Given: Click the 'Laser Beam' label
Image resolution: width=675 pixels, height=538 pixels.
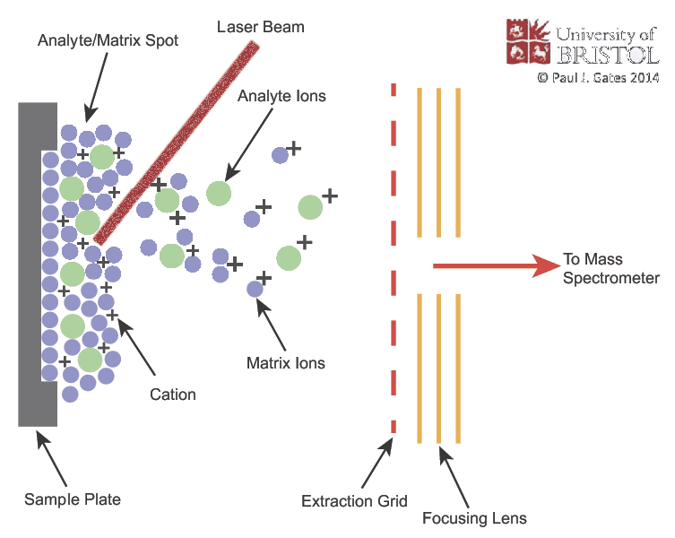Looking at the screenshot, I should pyautogui.click(x=261, y=27).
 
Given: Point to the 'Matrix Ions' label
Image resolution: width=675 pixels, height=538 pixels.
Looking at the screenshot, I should pyautogui.click(x=285, y=363).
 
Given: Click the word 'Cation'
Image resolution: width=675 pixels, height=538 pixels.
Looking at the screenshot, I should pyautogui.click(x=173, y=394).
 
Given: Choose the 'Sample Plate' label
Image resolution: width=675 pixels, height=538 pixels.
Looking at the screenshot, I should pyautogui.click(x=73, y=499).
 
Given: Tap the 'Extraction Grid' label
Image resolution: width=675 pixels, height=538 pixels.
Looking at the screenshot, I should pyautogui.click(x=355, y=500).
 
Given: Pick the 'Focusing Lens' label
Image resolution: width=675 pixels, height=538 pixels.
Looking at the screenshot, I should pyautogui.click(x=474, y=518).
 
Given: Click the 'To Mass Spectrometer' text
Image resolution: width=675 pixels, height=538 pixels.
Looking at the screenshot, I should pyautogui.click(x=610, y=269).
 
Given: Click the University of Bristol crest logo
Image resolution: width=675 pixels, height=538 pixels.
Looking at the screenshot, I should pyautogui.click(x=528, y=40).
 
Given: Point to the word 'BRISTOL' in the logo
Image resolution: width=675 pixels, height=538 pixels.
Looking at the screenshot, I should pyautogui.click(x=609, y=56).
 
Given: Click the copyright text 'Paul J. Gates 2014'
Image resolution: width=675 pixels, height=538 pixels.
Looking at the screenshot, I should pyautogui.click(x=598, y=79).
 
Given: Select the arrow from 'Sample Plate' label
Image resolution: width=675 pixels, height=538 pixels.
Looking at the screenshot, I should pyautogui.click(x=53, y=457).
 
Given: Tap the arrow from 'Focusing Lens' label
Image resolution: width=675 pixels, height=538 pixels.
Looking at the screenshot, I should pyautogui.click(x=454, y=475).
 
